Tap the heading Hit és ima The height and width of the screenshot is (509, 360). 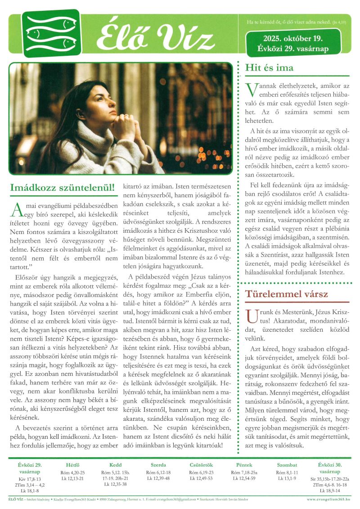269,68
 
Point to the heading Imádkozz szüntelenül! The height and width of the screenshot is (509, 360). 62,186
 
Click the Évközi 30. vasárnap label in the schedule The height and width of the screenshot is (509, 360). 330,468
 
